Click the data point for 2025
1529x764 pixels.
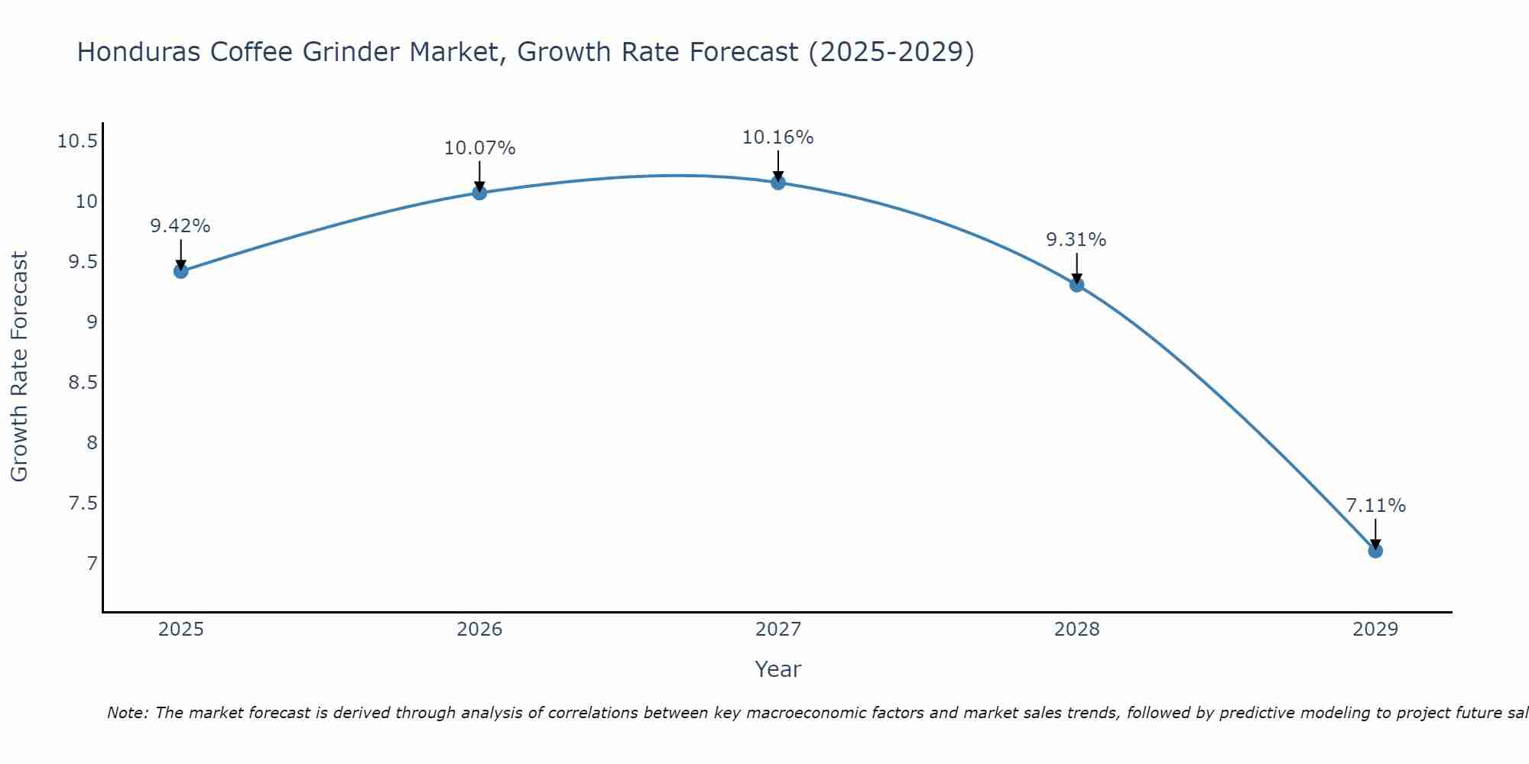(x=181, y=271)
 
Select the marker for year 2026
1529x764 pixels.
(x=479, y=193)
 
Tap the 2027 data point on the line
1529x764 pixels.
(x=778, y=182)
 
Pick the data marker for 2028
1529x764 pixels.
(x=1076, y=285)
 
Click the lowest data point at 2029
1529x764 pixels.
(x=1375, y=551)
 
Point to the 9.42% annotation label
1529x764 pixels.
(x=180, y=226)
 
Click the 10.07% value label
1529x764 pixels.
(x=479, y=148)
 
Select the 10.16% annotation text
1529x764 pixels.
(x=777, y=138)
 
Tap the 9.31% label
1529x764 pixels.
(x=1076, y=240)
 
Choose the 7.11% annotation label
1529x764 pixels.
(x=1375, y=506)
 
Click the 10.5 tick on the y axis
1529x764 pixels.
(x=77, y=141)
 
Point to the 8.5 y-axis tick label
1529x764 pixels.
(x=83, y=382)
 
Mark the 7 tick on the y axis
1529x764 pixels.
(x=93, y=564)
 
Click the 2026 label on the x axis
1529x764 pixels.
(x=479, y=630)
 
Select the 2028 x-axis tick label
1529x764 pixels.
(x=1076, y=630)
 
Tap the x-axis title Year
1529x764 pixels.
(x=777, y=669)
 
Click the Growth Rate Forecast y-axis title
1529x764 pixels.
(x=19, y=367)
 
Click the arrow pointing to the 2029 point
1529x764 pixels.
(x=1375, y=533)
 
